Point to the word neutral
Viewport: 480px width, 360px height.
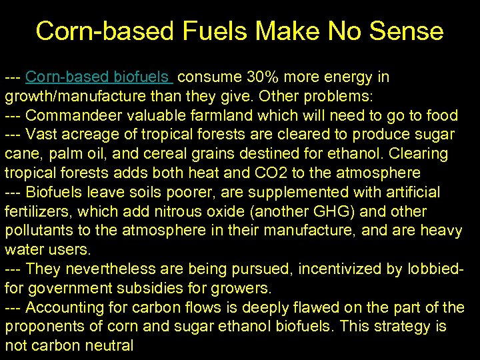pos(109,346)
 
